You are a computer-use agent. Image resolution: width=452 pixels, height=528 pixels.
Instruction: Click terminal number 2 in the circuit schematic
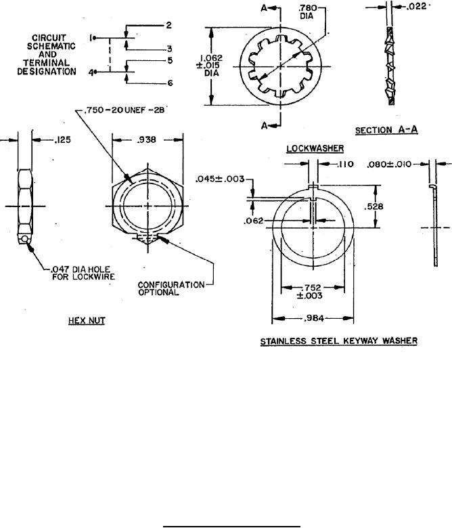coord(168,25)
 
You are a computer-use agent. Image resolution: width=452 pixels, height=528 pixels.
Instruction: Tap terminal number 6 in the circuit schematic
coord(170,83)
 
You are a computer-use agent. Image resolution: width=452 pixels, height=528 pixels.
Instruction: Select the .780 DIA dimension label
coord(307,12)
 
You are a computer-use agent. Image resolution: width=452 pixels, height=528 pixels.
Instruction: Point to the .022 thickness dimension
coord(416,6)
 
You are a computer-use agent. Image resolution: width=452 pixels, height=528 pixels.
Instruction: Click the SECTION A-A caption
coord(386,130)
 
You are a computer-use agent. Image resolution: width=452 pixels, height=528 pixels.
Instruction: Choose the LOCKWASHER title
coord(315,148)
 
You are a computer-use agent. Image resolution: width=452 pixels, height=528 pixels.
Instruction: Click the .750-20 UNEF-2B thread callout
coord(125,110)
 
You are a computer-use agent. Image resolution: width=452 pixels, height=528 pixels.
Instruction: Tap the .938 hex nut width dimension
coord(146,139)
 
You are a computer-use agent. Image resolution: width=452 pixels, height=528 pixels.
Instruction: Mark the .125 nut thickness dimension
coord(63,139)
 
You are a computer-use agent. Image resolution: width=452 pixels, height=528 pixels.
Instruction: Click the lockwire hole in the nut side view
coord(24,239)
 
